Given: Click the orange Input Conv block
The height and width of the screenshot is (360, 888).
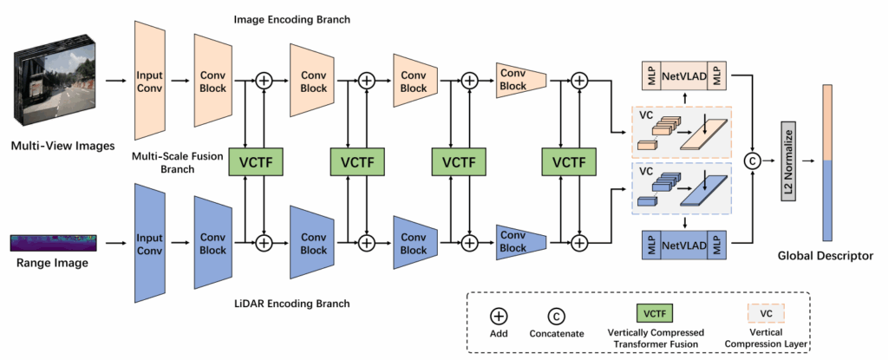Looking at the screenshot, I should click(149, 81).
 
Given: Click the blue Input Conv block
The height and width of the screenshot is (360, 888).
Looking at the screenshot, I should click(149, 239).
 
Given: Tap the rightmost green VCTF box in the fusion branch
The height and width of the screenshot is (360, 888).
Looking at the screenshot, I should click(569, 162).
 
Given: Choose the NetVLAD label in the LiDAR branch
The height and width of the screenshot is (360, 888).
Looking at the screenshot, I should click(682, 247).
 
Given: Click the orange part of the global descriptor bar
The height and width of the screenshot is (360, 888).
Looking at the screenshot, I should click(826, 121).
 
